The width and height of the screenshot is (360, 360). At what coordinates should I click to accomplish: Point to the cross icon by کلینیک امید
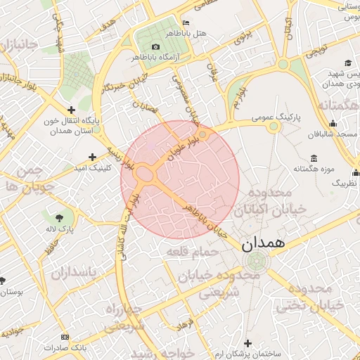(92, 157)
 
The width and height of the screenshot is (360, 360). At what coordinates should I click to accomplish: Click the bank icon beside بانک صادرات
(65, 337)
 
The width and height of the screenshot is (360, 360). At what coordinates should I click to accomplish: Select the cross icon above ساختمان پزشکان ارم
(247, 342)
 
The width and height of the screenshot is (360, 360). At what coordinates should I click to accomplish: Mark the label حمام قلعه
(186, 250)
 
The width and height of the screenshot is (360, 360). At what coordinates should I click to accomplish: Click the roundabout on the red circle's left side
(146, 174)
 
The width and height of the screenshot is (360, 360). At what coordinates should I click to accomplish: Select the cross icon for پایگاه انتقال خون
(71, 110)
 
